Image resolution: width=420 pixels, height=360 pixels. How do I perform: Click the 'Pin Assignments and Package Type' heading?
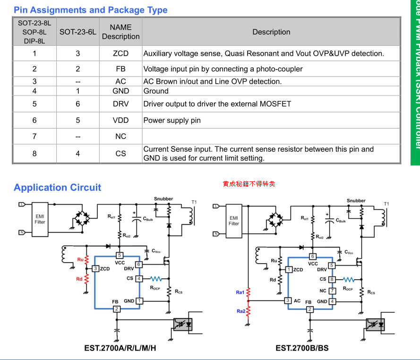pyautogui.click(x=90, y=10)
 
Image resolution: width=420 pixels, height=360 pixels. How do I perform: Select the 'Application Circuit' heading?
pyautogui.click(x=57, y=188)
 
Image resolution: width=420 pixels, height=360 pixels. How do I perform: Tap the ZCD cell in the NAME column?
pyautogui.click(x=120, y=53)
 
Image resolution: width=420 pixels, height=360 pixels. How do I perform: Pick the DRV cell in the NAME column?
pyautogui.click(x=120, y=103)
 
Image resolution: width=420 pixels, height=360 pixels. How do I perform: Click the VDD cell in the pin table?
pyautogui.click(x=120, y=120)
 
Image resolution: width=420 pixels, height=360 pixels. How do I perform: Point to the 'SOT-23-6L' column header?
pyautogui.click(x=77, y=32)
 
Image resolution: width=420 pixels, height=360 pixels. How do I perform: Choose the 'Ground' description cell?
pyautogui.click(x=156, y=91)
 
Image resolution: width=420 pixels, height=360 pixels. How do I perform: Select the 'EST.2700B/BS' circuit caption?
pyautogui.click(x=302, y=348)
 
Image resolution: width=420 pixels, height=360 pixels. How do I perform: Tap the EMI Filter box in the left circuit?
pyautogui.click(x=40, y=219)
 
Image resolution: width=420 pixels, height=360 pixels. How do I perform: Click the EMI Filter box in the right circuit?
pyautogui.click(x=233, y=221)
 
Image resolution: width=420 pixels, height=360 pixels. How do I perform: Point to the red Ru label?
pyautogui.click(x=80, y=259)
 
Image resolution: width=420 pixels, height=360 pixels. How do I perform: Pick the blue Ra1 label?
pyautogui.click(x=240, y=292)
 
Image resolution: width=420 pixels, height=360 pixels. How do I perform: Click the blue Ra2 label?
pyautogui.click(x=240, y=311)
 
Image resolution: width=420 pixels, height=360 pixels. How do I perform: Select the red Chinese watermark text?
pyautogui.click(x=249, y=184)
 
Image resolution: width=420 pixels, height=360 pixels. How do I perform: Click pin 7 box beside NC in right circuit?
pyautogui.click(x=332, y=291)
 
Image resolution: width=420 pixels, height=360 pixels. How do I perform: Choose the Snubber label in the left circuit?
pyautogui.click(x=163, y=199)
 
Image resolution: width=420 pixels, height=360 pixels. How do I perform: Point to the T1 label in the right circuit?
pyautogui.click(x=386, y=204)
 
